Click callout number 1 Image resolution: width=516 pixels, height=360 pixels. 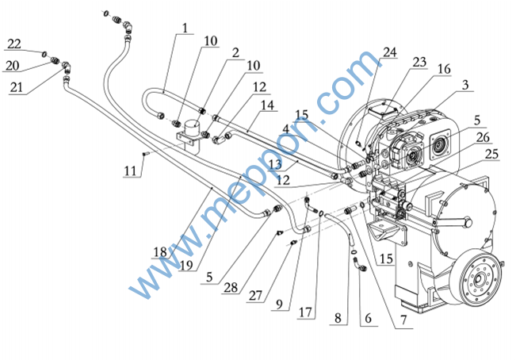coord(184,29)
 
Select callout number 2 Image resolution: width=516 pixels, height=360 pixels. coord(235,53)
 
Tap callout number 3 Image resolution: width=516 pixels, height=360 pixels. coord(467,84)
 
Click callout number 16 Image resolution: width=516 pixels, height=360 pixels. coord(444,70)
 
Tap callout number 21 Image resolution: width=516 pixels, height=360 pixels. coord(17,88)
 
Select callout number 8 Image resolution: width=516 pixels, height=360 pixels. coord(338,317)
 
